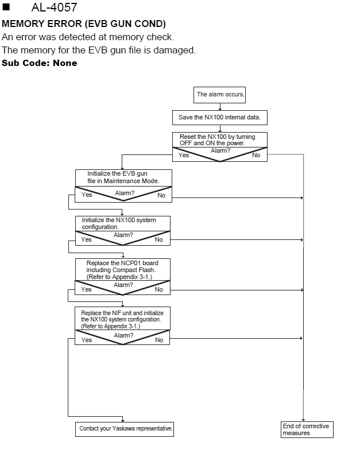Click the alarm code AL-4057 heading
54,7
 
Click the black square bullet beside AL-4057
6,7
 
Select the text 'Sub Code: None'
40,63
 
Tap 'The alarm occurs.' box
220,95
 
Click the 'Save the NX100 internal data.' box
220,118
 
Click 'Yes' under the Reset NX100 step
183,155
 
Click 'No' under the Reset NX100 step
256,155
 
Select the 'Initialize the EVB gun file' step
123,177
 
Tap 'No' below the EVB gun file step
161,195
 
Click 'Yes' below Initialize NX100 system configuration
86,239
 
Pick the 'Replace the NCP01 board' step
122,270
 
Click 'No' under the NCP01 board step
158,289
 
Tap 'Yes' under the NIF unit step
87,340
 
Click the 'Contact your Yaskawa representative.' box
125,429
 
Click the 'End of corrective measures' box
307,429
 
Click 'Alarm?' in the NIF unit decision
123,336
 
